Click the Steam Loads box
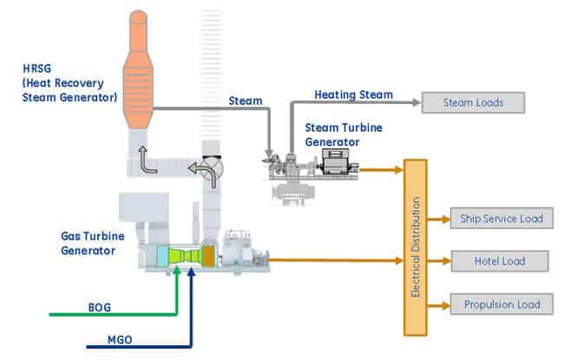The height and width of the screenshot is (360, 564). coord(474,103)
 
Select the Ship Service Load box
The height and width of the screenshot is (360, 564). coord(502,218)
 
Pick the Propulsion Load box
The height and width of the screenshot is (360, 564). coord(502,304)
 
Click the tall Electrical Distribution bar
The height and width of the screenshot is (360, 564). coord(416,248)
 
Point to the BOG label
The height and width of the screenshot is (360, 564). coord(100,306)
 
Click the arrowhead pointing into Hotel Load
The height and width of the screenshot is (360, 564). coord(444,260)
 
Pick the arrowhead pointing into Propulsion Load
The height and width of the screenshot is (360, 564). coord(444,304)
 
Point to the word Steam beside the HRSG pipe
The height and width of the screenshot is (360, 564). coord(246,101)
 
